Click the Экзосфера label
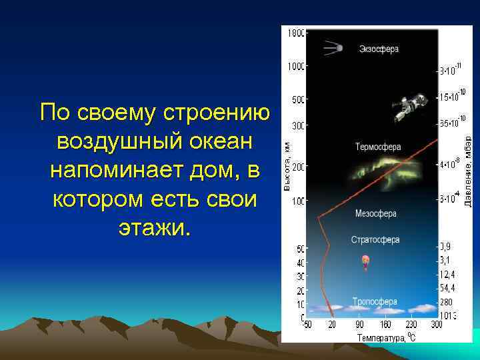coord(379,49)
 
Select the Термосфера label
coord(377,147)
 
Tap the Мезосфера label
coord(375,214)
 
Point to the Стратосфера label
coord(375,239)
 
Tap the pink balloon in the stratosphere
coord(365,262)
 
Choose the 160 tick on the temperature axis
coord(385,325)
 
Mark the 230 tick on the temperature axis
coord(412,325)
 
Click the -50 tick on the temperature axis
coord(307,325)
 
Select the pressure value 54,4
coord(448,289)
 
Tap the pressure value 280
coord(446,302)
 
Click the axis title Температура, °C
coord(386,337)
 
